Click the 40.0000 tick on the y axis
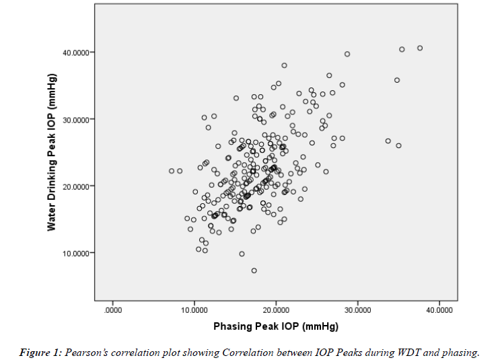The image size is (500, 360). [x=78, y=52]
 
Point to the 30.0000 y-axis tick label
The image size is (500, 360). [x=78, y=119]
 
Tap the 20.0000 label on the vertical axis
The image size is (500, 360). [x=78, y=186]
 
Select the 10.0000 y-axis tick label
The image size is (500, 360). [x=78, y=253]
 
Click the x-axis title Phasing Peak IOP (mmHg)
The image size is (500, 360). [x=276, y=326]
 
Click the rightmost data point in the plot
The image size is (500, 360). [x=420, y=48]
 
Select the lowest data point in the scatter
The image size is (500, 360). [x=254, y=271]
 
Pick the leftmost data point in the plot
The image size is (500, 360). [x=172, y=171]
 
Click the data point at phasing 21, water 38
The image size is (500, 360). [x=284, y=65]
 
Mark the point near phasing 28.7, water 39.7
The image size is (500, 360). [x=347, y=54]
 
